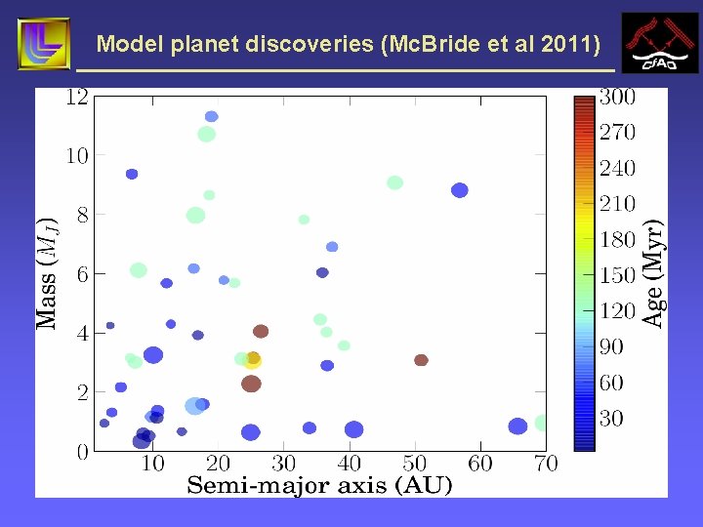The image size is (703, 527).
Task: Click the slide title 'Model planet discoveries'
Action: pos(349,44)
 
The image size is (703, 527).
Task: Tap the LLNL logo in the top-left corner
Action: pos(44,44)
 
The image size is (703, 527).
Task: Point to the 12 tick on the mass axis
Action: pos(76,97)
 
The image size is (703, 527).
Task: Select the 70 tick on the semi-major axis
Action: pos(545,464)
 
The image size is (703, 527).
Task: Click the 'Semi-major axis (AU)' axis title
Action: pos(319,485)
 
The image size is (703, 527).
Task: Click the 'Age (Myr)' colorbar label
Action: pos(654,273)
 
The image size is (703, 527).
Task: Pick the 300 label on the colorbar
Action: pos(617,97)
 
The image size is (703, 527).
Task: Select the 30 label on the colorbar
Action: pos(611,419)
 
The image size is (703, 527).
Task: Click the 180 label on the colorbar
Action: pos(617,240)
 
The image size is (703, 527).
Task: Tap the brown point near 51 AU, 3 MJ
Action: pos(421,360)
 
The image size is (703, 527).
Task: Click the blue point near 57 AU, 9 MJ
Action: pos(460,190)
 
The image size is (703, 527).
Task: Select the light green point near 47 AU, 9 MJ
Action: pos(394,182)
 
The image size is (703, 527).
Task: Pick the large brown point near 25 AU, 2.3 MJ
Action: pos(251,384)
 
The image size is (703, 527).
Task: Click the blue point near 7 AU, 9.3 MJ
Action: pos(132,174)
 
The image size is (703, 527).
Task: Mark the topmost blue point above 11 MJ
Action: pos(211,116)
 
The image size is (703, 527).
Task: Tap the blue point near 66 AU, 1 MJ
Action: pos(517,426)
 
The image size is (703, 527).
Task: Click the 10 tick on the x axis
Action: pos(153,464)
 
